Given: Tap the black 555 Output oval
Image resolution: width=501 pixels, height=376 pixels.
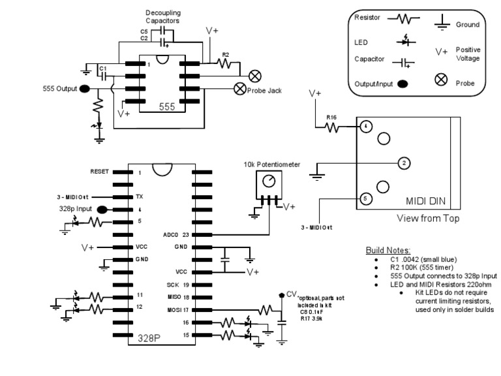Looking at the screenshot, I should [85, 89].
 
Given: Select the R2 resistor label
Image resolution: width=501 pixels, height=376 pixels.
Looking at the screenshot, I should [226, 55].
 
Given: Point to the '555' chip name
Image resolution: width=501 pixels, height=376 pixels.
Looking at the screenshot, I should [166, 106].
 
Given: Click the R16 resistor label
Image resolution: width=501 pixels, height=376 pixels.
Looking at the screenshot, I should [332, 118].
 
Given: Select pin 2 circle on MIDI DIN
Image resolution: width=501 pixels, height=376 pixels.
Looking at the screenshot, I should [403, 163].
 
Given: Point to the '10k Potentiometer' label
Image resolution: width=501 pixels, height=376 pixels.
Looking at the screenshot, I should [267, 164].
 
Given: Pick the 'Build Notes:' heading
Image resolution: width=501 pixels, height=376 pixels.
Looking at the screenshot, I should [387, 251].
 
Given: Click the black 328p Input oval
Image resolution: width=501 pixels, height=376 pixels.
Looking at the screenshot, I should [102, 209].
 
